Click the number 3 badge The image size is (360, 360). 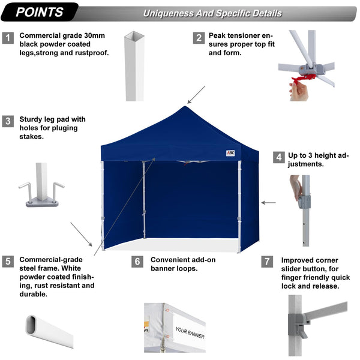click(8, 121)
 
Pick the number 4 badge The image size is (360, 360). click(278, 158)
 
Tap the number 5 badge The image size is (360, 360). click(8, 262)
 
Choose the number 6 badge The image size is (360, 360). click(137, 262)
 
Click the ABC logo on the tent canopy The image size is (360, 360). click(230, 153)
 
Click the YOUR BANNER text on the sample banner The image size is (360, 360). click(190, 332)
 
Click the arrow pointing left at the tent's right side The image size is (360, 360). click(268, 203)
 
